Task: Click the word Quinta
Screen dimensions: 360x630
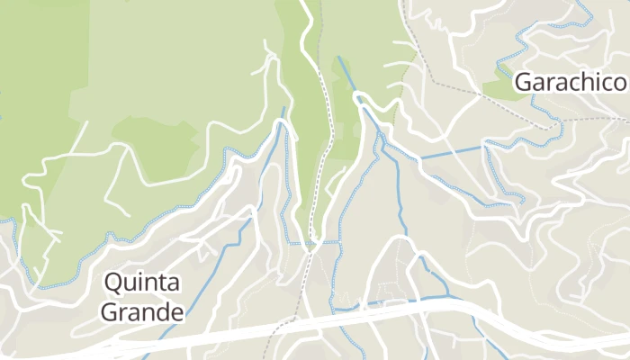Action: click(x=142, y=283)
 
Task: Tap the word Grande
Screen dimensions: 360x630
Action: click(x=142, y=312)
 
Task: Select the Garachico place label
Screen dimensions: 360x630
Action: click(x=570, y=83)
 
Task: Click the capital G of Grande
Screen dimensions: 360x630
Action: click(x=109, y=312)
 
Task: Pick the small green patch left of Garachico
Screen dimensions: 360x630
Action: click(x=498, y=85)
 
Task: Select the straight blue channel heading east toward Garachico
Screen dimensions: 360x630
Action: click(x=450, y=151)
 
